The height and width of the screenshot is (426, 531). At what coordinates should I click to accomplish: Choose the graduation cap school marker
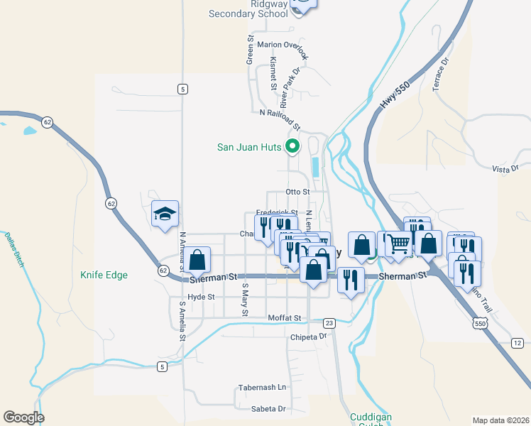(165, 214)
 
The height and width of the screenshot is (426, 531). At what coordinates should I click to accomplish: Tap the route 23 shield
(328, 323)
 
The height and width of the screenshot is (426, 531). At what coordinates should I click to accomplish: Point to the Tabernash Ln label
(263, 388)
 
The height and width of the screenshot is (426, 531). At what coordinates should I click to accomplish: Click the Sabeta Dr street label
(268, 409)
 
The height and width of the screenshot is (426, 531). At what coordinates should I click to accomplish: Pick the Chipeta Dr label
(307, 337)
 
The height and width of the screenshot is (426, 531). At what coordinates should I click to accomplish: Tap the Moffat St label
(285, 317)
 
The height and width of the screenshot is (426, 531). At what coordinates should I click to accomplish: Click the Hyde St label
(201, 297)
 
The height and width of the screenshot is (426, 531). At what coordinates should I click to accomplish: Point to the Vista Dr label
(506, 168)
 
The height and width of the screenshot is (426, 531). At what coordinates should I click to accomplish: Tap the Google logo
(23, 417)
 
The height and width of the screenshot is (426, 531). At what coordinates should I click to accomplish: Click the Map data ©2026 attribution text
(501, 420)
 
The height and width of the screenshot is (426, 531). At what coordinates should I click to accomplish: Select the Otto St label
(297, 192)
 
